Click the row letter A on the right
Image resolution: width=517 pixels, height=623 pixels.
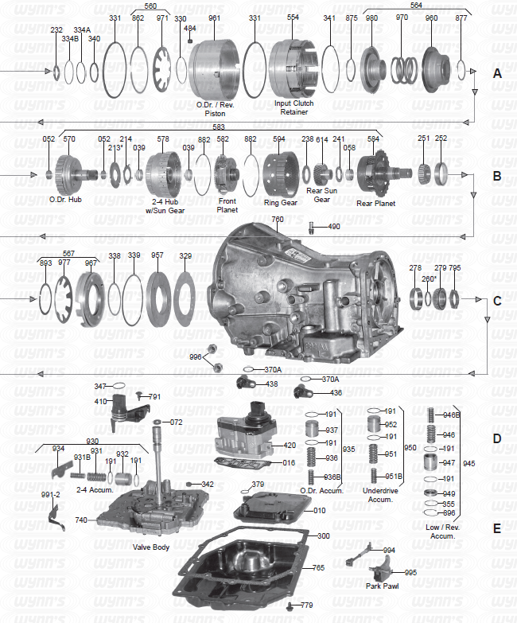pos(497,72)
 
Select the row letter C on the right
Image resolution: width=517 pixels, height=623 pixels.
pos(497,302)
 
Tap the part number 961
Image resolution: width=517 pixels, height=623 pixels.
pos(215,18)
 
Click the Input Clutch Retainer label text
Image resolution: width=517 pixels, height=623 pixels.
pos(293,108)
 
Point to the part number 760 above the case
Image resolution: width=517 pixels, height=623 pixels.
pos(277,219)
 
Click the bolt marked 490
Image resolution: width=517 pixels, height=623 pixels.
pos(311,228)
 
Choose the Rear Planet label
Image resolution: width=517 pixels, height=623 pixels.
pos(375,203)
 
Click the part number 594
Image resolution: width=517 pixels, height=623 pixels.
pos(278,139)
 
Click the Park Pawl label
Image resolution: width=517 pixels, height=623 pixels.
pos(383,586)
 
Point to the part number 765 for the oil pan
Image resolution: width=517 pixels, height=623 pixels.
pos(318,568)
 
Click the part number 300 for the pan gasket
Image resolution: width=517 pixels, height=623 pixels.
pos(324,536)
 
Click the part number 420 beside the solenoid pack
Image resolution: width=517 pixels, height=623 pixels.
pos(290,446)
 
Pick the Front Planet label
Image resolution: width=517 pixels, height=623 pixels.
pos(227,206)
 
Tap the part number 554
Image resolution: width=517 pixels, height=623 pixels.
pos(293,18)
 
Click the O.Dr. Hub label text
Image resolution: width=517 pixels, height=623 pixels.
pos(65,200)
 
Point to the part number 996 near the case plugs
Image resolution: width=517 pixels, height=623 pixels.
pos(195,357)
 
